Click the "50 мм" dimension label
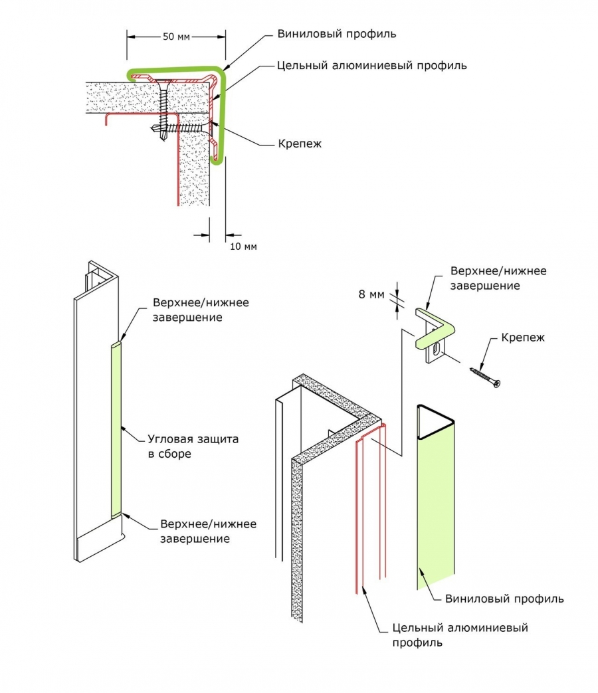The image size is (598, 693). point(176,37)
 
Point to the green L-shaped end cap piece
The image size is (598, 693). point(435,326)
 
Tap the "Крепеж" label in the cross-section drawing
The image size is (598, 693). point(300,144)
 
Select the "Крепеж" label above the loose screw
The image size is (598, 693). point(524,338)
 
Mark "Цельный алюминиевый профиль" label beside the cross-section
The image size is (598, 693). point(371,66)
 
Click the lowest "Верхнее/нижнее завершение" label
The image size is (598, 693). point(208,531)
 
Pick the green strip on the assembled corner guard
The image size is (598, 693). point(117,429)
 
